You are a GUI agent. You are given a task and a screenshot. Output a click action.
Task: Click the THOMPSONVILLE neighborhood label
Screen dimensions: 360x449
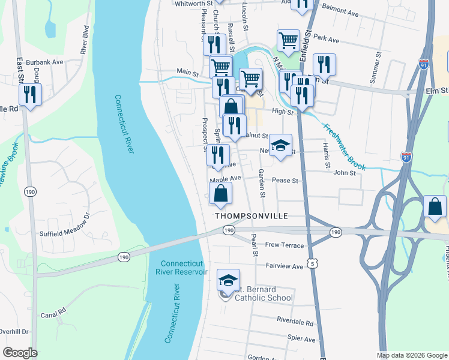coord(252,215)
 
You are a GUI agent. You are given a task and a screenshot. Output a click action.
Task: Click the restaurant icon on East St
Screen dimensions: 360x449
coord(29,95)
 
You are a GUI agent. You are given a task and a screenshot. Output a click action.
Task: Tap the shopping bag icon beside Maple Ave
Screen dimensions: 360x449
coord(221,194)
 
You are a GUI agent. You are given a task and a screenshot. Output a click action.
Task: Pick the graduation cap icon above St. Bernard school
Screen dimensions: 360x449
coord(228,280)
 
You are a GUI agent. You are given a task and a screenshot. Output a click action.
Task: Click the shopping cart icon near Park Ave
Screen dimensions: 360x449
coord(289,41)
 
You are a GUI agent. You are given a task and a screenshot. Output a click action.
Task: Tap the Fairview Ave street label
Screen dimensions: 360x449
coord(285,266)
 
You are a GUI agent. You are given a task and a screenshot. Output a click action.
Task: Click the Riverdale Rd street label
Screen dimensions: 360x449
coord(295,322)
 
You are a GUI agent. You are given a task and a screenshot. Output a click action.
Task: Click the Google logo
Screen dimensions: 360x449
coord(20,353)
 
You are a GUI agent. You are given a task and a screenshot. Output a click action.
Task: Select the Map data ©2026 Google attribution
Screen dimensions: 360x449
coord(412,355)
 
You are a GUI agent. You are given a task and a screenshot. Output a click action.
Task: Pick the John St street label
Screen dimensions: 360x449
coord(345,173)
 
